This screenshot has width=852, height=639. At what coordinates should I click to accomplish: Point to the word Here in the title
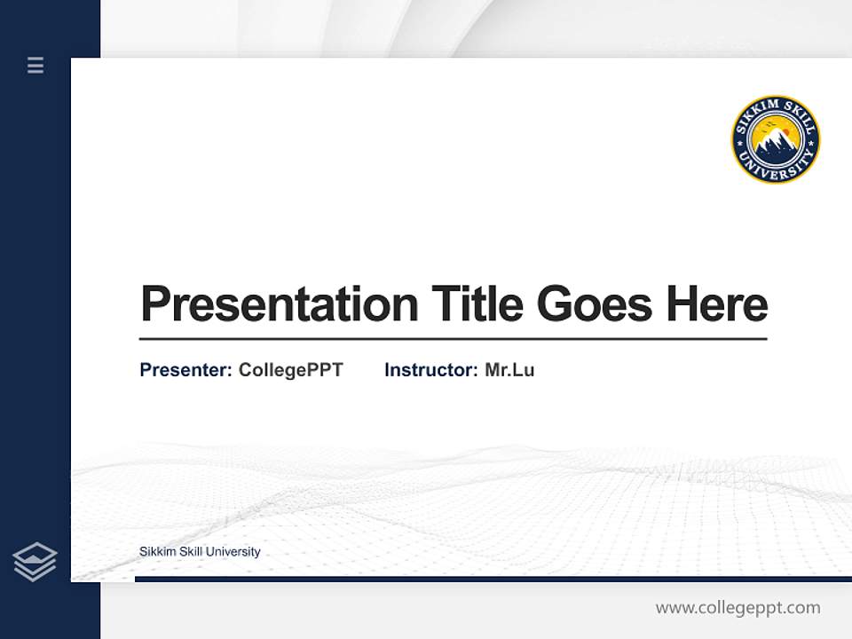pos(717,304)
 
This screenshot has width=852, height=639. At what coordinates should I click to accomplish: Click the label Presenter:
pos(185,370)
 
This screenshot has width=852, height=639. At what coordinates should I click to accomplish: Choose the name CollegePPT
pos(290,370)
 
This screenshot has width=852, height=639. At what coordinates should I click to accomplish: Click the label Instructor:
pos(430,370)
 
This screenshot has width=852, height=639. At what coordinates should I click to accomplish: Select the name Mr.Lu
pos(509,370)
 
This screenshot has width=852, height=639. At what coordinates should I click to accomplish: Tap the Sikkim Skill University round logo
pos(776,140)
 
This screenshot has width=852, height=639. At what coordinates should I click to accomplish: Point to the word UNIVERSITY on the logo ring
pos(776,170)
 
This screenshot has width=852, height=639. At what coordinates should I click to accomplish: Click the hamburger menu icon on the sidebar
pos(35,65)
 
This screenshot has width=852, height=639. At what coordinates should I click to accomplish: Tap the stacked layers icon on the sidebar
pos(35,562)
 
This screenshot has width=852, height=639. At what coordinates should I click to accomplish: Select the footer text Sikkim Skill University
pos(200,552)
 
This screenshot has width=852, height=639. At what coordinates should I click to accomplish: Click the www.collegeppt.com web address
pos(738,608)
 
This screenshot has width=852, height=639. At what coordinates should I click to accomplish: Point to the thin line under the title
pos(453,339)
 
